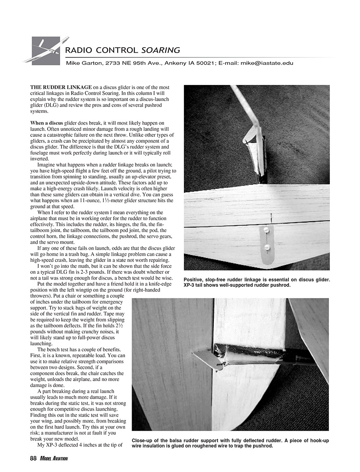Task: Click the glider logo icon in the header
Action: [46, 50]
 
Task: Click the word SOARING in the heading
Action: [161, 50]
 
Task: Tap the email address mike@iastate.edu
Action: [267, 63]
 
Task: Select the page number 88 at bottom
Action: [33, 458]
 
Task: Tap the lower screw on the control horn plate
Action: [266, 247]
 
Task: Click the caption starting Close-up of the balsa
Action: [230, 443]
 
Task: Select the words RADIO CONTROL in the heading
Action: [102, 50]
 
